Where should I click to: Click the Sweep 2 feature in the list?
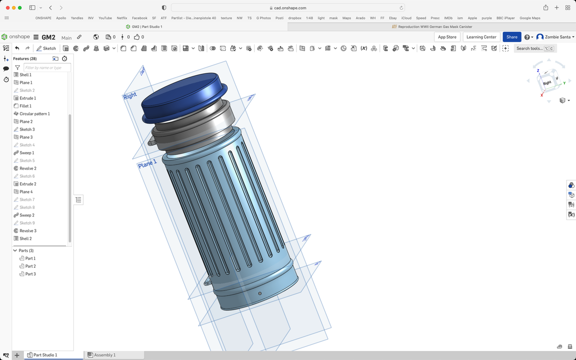(27, 215)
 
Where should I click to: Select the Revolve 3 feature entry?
(28, 231)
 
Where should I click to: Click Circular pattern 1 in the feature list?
(34, 114)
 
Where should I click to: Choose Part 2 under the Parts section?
(30, 266)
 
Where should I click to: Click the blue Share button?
(512, 37)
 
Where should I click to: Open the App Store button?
(447, 37)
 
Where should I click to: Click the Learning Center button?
(481, 37)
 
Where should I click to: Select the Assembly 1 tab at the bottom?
(104, 355)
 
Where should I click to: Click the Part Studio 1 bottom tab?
(45, 355)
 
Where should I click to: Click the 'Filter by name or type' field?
(47, 67)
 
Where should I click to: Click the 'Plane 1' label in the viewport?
(148, 164)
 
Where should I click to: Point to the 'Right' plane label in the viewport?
(130, 96)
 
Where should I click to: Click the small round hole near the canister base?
(260, 293)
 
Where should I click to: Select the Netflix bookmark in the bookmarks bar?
(122, 18)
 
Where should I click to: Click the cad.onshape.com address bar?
(288, 8)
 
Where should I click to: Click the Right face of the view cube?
(547, 83)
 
